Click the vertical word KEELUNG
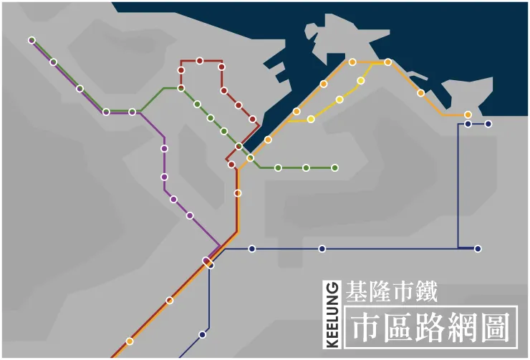point(332,315)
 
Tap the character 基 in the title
point(355,292)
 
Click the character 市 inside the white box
point(365,327)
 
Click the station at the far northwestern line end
point(32,40)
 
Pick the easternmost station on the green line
point(334,167)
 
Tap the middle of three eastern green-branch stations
point(306,167)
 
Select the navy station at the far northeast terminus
point(488,124)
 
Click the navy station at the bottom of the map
point(202,334)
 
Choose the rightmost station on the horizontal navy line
point(478,249)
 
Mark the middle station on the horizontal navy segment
point(322,249)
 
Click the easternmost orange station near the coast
point(468,115)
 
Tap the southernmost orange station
point(130,341)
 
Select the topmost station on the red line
point(200,61)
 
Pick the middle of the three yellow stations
point(339,99)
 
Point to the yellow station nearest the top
point(361,81)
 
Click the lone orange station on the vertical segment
point(238,193)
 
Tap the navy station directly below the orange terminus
point(468,124)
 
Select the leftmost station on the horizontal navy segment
point(252,249)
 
